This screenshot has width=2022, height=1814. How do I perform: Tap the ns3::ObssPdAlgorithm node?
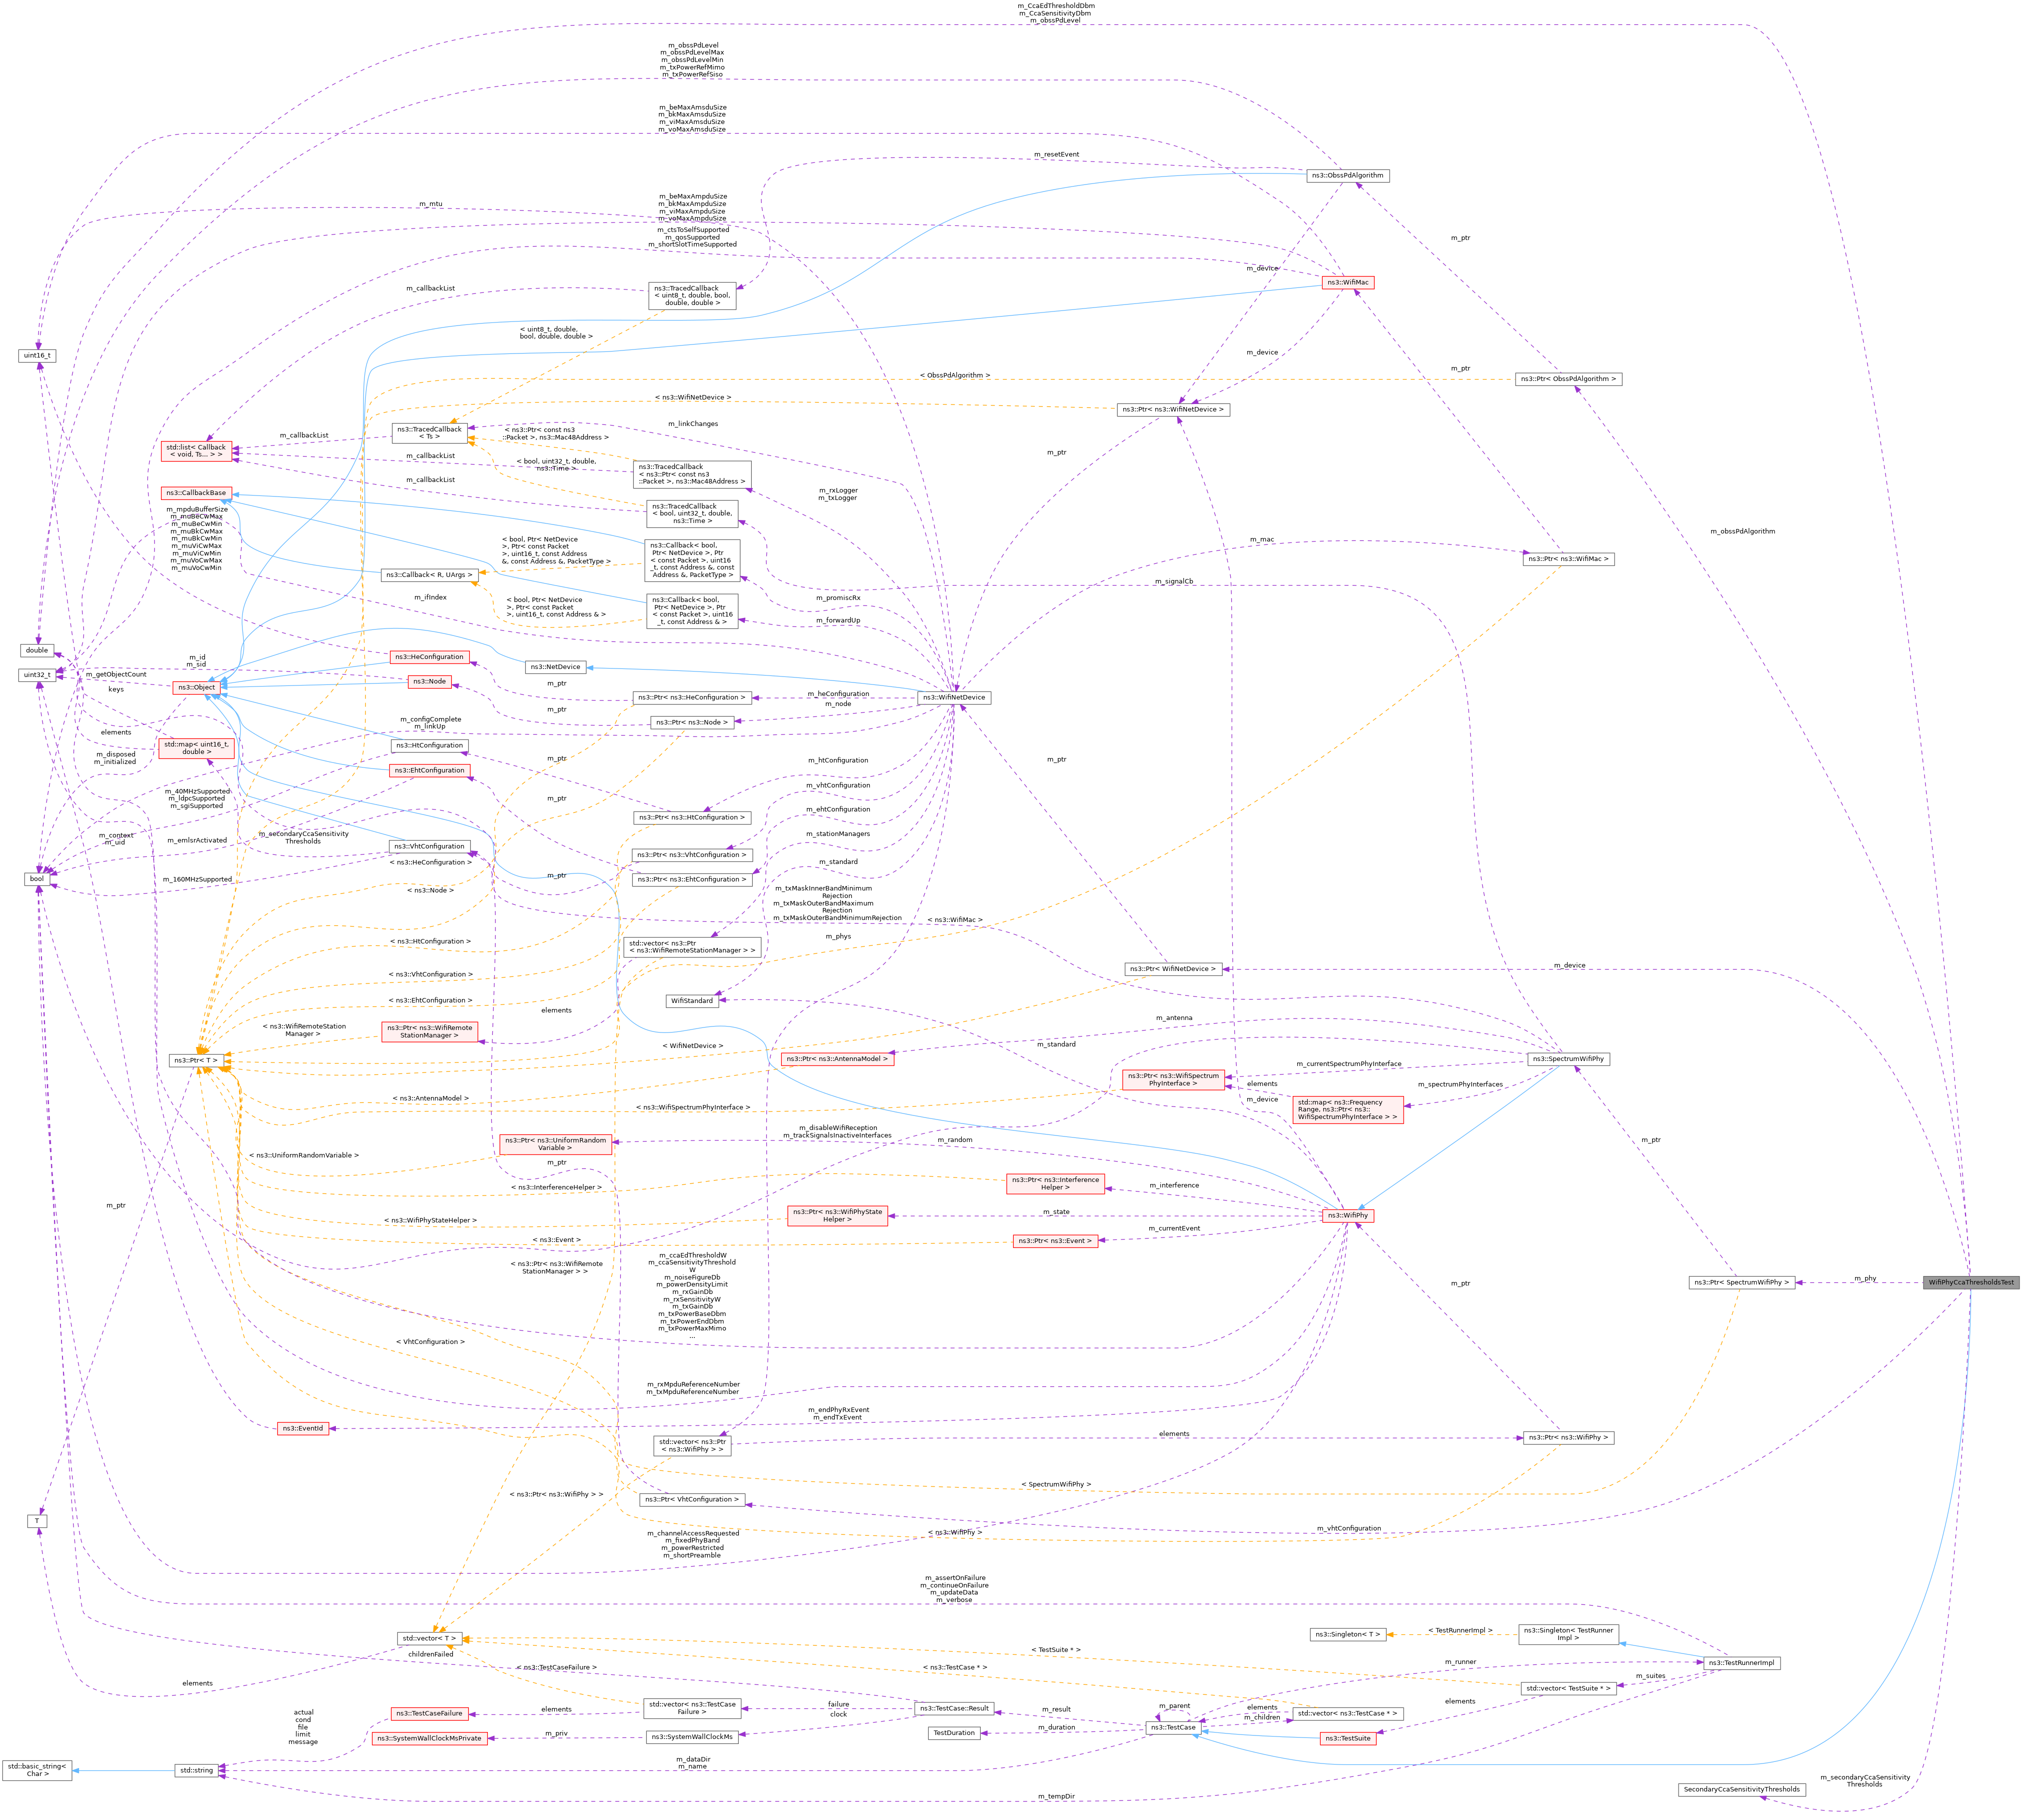(x=1347, y=175)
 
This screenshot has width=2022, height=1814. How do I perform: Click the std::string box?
(x=196, y=1770)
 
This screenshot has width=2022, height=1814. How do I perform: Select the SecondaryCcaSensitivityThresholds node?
(x=1741, y=1789)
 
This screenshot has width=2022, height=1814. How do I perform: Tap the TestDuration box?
(x=954, y=1732)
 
